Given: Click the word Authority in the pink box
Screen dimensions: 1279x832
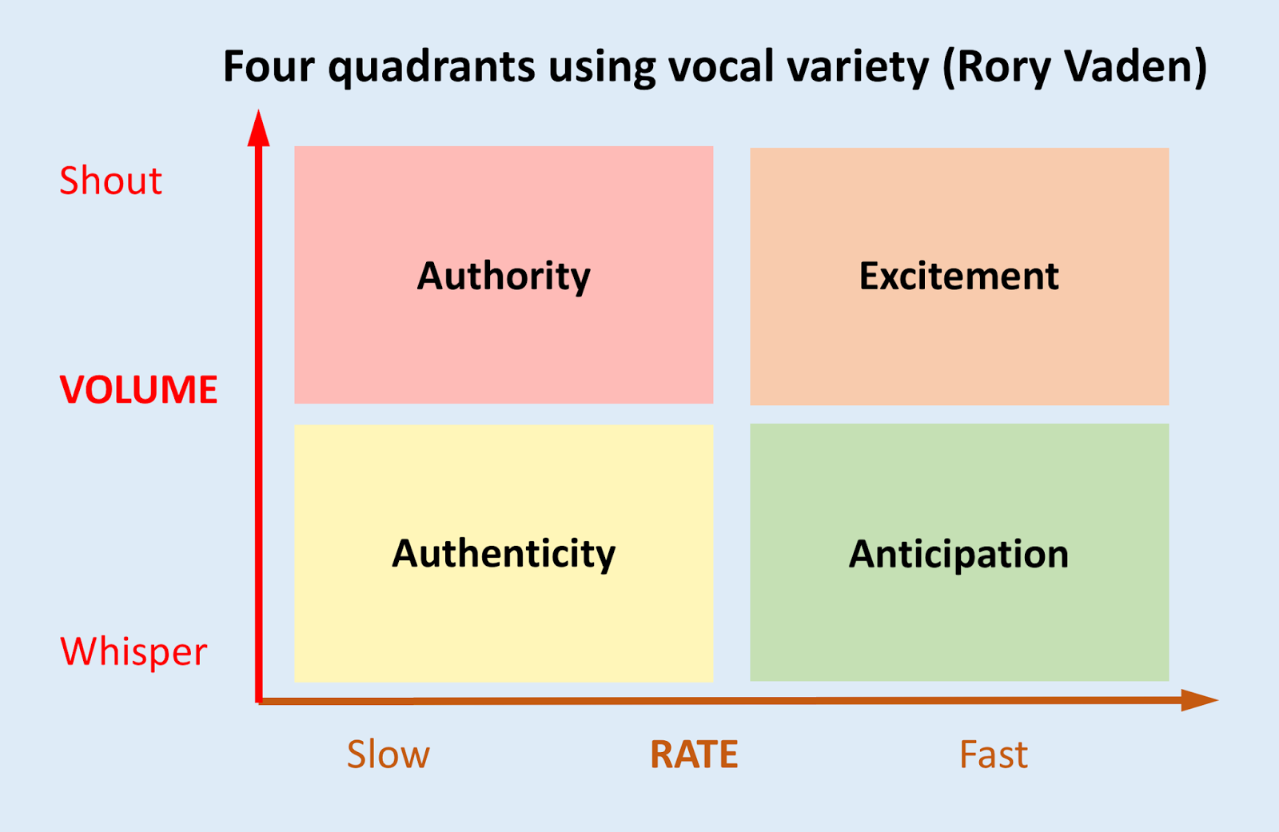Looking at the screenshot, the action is point(504,277).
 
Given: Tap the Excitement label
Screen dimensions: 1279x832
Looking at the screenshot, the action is point(958,277).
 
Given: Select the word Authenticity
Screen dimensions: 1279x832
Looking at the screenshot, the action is point(504,554).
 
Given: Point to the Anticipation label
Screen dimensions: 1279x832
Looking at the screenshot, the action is point(958,554).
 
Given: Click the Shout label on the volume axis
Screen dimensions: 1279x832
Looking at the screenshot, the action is point(110,181).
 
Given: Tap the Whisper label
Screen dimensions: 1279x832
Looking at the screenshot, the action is point(133,651).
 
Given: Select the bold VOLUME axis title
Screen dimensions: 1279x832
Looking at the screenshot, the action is point(138,390).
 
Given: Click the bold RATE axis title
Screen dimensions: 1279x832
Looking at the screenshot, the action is point(694,754).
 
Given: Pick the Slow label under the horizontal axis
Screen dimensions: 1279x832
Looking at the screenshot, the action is point(388,754).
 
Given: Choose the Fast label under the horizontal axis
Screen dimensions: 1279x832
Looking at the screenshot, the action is point(993,754).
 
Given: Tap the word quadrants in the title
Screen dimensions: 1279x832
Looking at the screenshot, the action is point(432,68).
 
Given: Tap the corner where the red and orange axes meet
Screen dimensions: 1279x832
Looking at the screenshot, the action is point(259,700).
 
